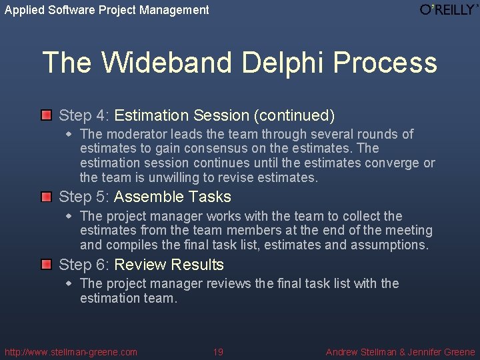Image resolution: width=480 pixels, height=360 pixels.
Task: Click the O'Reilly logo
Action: (449, 9)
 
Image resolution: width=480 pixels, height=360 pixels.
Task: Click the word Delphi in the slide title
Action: (283, 63)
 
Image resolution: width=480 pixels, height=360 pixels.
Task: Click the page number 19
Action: (218, 352)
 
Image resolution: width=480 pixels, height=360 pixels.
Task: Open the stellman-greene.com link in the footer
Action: (71, 352)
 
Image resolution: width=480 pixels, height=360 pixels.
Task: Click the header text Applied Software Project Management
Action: (107, 10)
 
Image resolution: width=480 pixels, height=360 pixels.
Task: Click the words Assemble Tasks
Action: (173, 197)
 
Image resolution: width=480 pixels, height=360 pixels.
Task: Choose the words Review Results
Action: (169, 265)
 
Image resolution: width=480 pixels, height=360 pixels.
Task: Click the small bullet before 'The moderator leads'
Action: (69, 134)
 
